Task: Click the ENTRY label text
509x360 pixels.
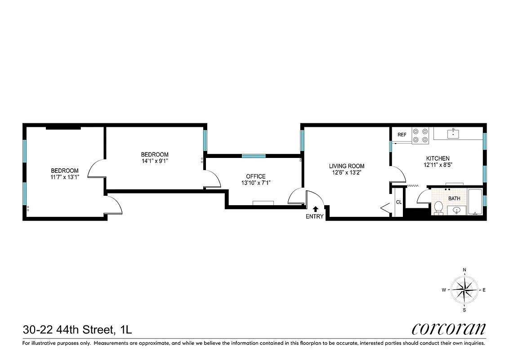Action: click(314, 216)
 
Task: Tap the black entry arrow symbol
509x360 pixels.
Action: click(315, 209)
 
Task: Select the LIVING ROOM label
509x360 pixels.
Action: click(347, 166)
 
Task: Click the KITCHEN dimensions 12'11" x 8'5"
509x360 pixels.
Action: click(438, 165)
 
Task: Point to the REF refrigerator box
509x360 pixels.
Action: click(402, 135)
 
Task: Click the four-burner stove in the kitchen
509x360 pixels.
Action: click(420, 135)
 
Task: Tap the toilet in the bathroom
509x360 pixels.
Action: click(438, 208)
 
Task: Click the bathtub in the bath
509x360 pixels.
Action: click(475, 202)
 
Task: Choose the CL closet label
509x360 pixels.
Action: click(398, 202)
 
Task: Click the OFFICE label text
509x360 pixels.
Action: click(255, 176)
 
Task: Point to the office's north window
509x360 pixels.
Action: click(254, 156)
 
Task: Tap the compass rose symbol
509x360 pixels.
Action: click(464, 290)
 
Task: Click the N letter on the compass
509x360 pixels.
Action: click(464, 270)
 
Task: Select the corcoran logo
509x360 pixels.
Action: click(448, 329)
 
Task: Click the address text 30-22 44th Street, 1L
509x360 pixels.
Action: click(77, 330)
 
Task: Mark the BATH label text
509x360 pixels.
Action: click(454, 198)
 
